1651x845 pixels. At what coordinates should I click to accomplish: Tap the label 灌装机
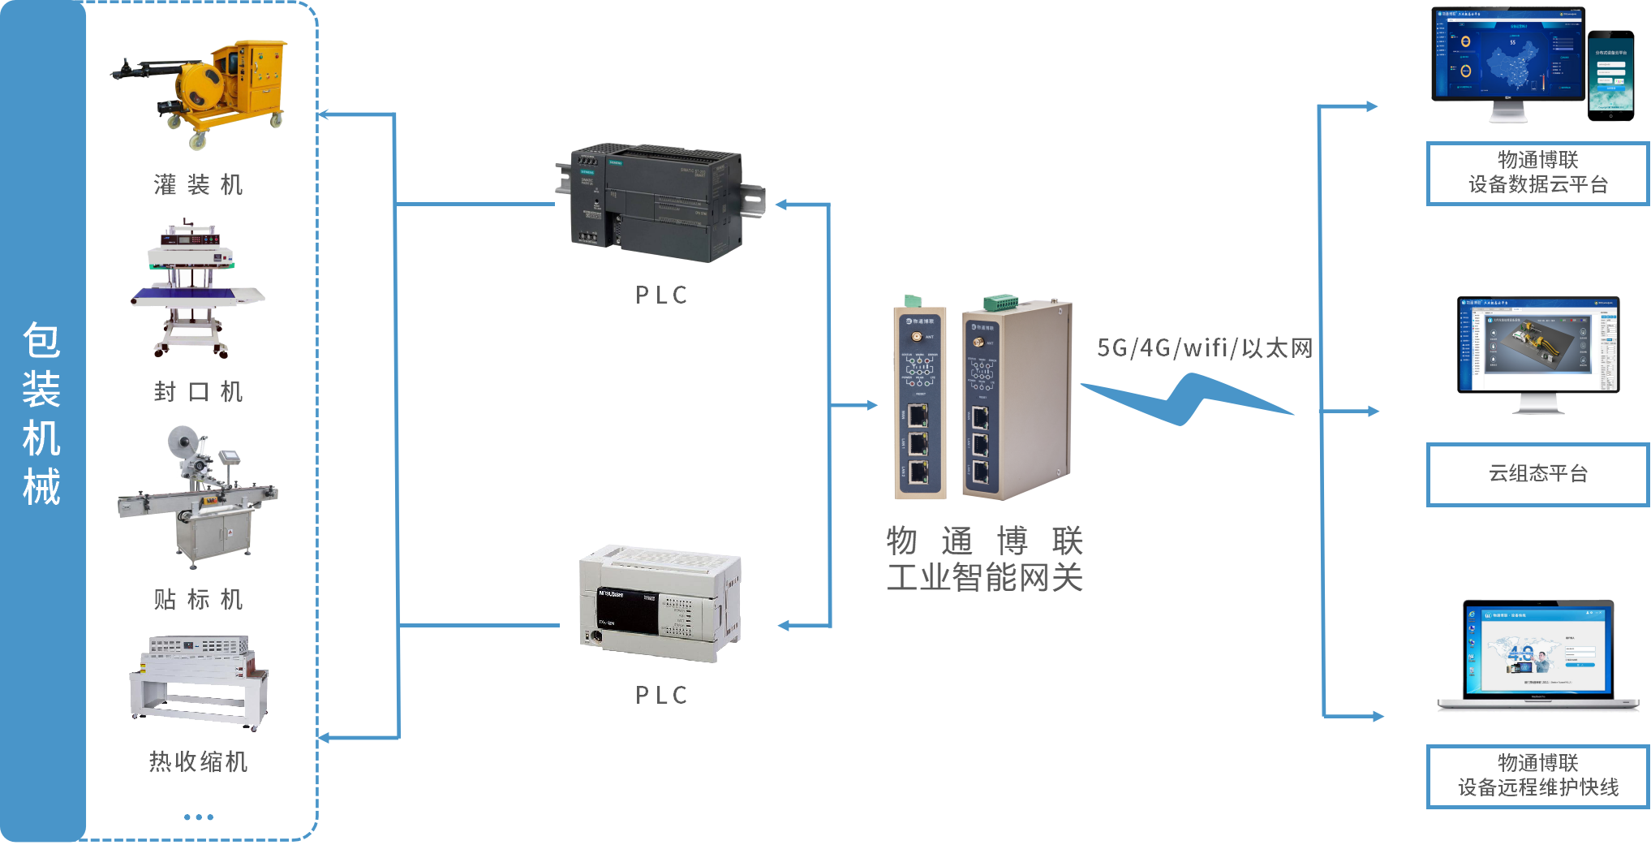click(x=199, y=185)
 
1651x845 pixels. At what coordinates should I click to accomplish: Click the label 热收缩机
click(x=199, y=761)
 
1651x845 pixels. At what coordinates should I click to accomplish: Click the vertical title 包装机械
click(x=41, y=414)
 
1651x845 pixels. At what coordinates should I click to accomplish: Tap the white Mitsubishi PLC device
click(x=659, y=602)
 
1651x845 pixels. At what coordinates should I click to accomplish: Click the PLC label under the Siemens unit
click(x=661, y=295)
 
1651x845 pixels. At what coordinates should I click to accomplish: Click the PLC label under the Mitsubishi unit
click(x=661, y=696)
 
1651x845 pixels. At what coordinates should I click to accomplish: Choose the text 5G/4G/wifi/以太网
click(x=1205, y=348)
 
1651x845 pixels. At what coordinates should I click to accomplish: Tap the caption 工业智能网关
click(x=984, y=578)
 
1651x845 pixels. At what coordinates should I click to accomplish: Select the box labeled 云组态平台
click(x=1537, y=474)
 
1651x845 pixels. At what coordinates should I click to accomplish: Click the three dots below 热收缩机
click(x=199, y=817)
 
